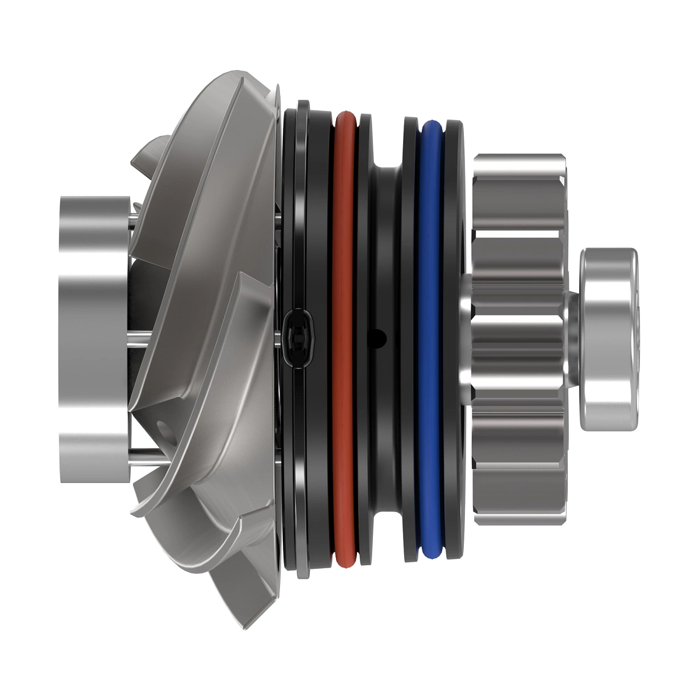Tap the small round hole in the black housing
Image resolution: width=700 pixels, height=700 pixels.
pyautogui.click(x=380, y=337)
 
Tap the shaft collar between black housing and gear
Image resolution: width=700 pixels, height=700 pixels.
pyautogui.click(x=465, y=338)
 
